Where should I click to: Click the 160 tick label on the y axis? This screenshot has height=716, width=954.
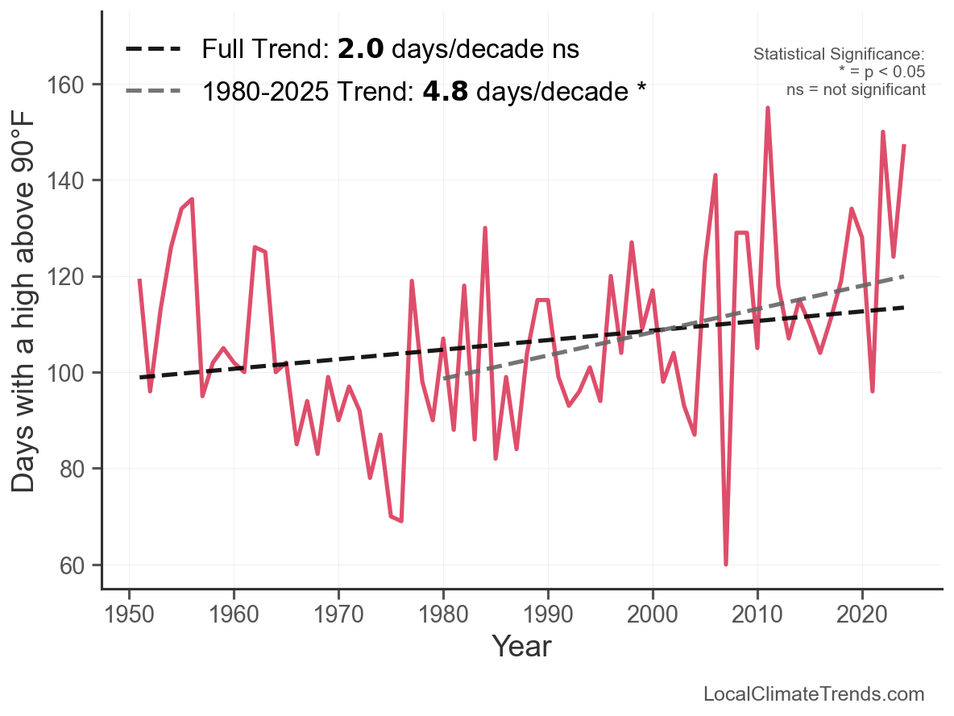(77, 85)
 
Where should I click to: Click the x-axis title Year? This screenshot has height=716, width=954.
(521, 646)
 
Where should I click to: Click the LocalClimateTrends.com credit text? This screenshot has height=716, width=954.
(814, 694)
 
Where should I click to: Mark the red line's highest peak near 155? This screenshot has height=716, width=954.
(768, 108)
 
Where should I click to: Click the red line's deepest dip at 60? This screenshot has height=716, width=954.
(726, 564)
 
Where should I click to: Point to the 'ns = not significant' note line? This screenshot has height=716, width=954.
(856, 89)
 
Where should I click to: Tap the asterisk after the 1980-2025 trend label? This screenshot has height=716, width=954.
(641, 89)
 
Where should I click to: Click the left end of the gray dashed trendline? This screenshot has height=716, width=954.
(444, 378)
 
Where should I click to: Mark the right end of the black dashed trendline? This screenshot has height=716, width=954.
(904, 308)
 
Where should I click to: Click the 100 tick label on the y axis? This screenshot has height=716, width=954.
(77, 373)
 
